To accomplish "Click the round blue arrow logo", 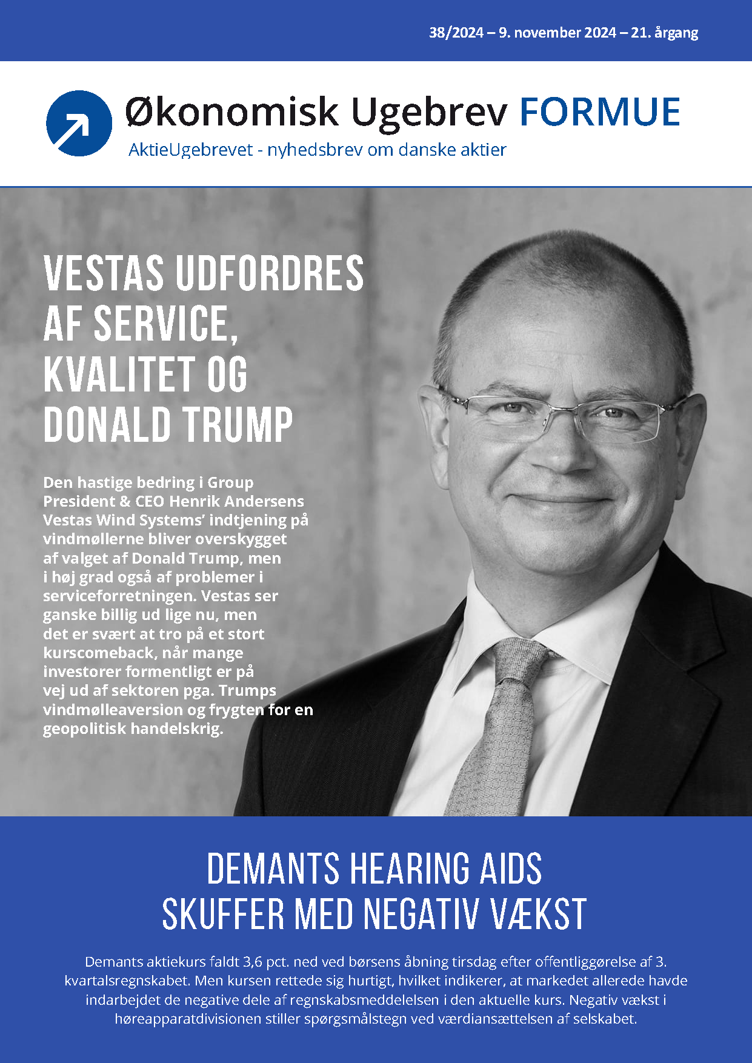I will (x=79, y=123).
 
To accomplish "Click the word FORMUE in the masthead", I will (x=600, y=112).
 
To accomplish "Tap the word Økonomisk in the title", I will (x=231, y=113).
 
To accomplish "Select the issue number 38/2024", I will (x=456, y=33).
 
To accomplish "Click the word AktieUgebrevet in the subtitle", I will (x=190, y=150).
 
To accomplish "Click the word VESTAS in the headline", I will (x=104, y=273).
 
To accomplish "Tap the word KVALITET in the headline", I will (x=112, y=375).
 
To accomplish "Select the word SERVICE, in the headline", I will (x=165, y=324).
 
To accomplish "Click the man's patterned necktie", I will (x=497, y=727).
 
